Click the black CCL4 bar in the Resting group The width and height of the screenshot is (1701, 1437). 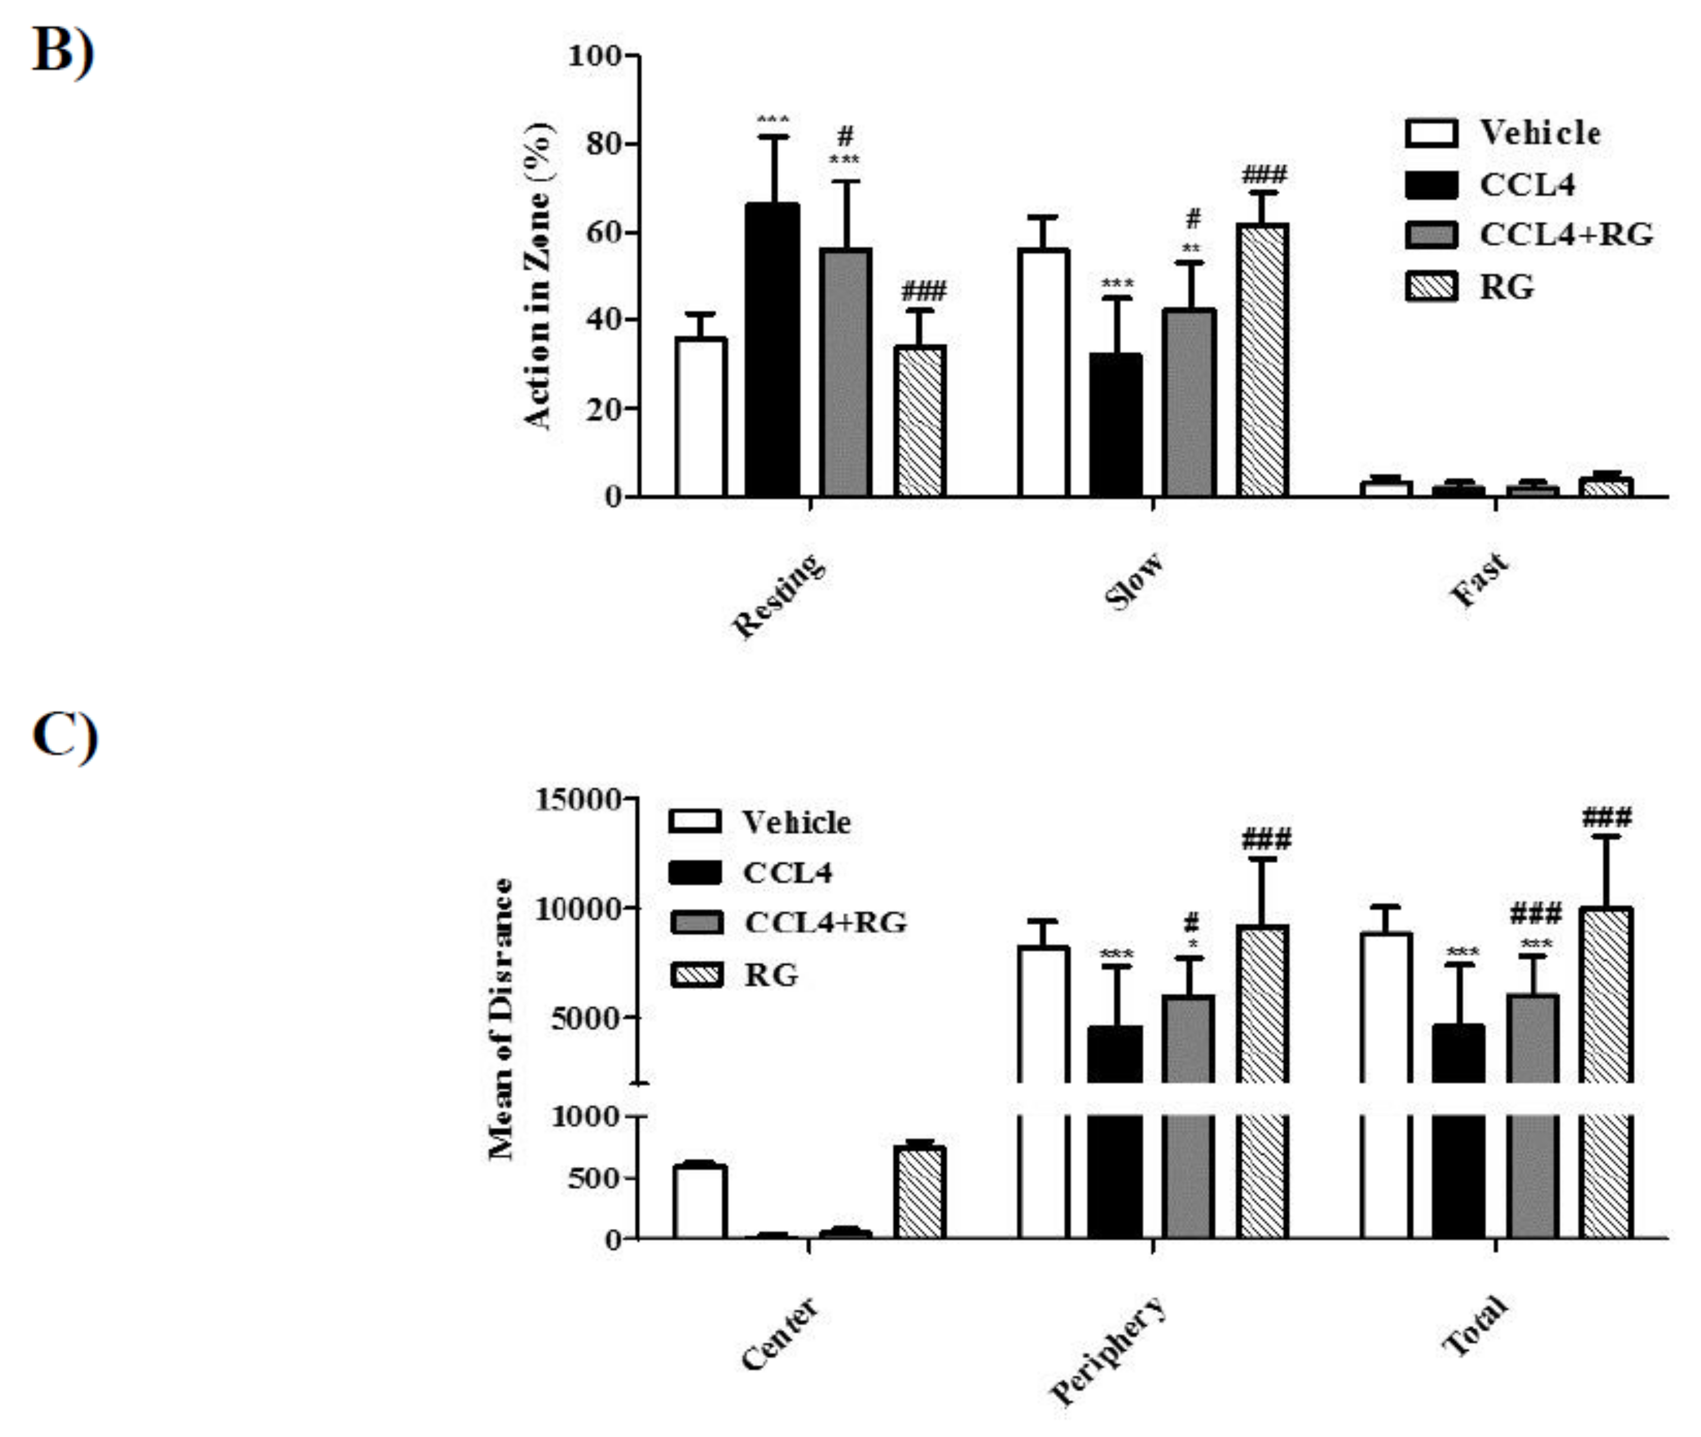pos(773,350)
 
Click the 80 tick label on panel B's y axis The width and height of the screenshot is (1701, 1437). pos(603,144)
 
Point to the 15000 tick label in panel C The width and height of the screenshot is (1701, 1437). pos(579,799)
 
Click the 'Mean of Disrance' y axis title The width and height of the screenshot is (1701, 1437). pos(500,1018)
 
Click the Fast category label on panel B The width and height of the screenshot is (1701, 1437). pos(1479,580)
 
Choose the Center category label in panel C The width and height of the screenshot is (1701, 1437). pos(779,1334)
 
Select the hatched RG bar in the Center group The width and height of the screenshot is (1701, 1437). pos(919,1193)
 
